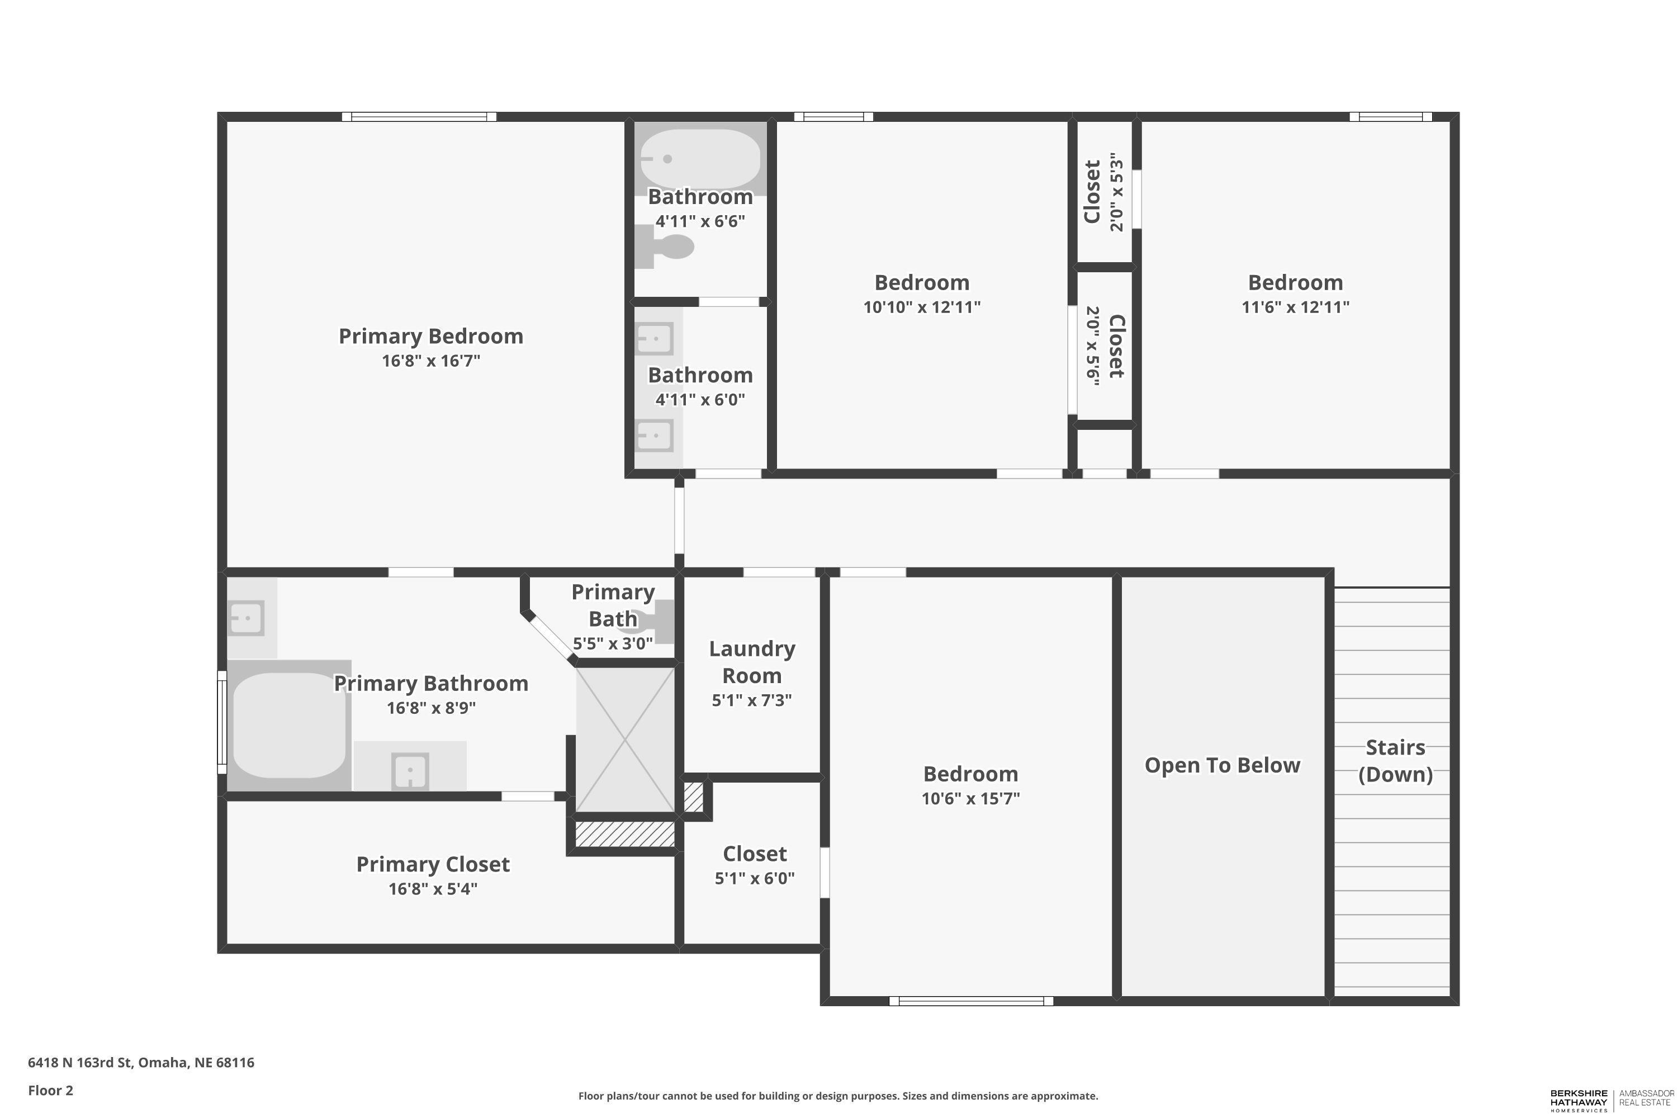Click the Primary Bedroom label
point(430,336)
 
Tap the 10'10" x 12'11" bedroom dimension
point(922,307)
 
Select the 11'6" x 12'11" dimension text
point(1296,307)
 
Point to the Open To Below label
point(1222,765)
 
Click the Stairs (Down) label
point(1395,761)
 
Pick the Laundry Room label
point(752,662)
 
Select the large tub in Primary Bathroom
point(289,725)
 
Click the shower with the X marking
point(624,740)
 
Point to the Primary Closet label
point(433,864)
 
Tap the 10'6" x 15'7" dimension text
point(970,799)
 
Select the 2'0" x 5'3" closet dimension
point(1116,192)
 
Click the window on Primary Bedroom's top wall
point(419,117)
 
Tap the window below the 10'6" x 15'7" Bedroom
point(971,1001)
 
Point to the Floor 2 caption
point(51,1090)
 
